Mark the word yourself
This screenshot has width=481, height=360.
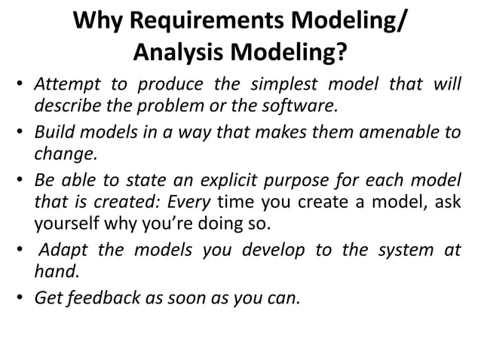pyautogui.click(x=68, y=224)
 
